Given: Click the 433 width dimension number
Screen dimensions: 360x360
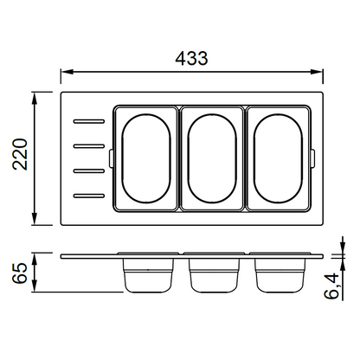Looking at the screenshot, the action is coord(191,58).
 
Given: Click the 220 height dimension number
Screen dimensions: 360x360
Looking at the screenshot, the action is coord(20,154).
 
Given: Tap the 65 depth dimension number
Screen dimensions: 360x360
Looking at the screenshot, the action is coord(20,273).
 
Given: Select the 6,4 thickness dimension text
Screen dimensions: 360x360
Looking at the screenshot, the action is coord(331,286).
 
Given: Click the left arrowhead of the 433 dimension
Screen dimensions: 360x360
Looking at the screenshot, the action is coord(67,72).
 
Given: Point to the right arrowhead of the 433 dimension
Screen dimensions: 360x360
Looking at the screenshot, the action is coord(316,72).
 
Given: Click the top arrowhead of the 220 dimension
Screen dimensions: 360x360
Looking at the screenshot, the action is coord(35,99).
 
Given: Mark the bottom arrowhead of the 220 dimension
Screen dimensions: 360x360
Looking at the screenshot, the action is coord(35,218).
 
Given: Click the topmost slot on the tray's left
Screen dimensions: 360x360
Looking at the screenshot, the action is coord(89,121).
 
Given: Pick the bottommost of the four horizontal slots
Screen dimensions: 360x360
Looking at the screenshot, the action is coord(89,196).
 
